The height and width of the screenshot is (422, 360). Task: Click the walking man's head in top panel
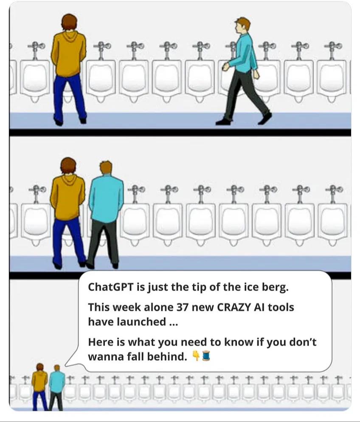243,25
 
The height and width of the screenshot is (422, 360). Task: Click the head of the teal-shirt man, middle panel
106,167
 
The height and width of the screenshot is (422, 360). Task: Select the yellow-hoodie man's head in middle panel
68,165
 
